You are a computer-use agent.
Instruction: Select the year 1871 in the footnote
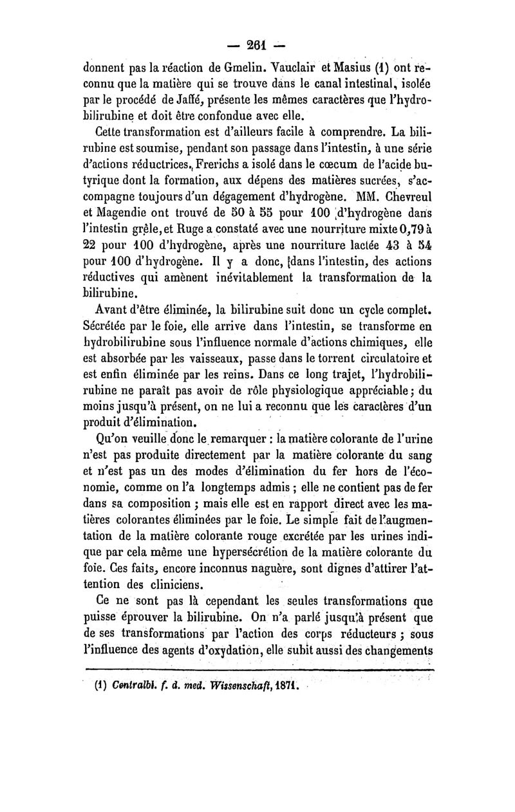click(x=301, y=685)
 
